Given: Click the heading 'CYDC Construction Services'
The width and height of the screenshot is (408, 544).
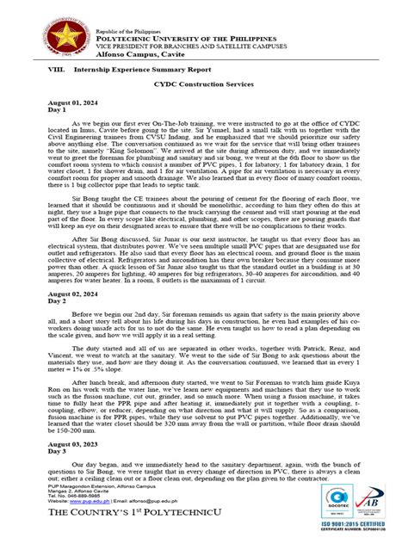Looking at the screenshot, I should [x=204, y=85].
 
